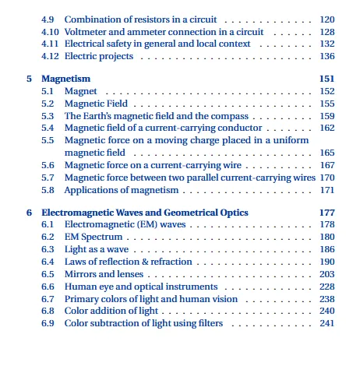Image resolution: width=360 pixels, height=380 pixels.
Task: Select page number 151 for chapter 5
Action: (x=326, y=79)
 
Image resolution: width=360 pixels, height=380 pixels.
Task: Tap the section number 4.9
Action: (x=48, y=19)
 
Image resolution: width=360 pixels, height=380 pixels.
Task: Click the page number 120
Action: (x=326, y=19)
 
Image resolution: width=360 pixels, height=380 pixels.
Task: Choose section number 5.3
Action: (x=48, y=116)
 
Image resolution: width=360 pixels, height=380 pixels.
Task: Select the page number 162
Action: (x=326, y=128)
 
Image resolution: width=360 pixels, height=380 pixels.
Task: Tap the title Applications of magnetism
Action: (x=121, y=190)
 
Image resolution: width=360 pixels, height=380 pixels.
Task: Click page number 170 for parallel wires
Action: (x=326, y=178)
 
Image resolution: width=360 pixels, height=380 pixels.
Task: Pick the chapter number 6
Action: (x=29, y=213)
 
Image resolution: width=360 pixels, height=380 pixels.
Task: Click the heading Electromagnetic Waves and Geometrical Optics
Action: (x=145, y=213)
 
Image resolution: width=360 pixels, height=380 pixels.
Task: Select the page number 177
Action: (x=326, y=213)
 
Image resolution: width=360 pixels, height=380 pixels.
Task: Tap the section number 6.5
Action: (x=48, y=274)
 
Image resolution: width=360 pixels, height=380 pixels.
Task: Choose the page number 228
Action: (x=326, y=287)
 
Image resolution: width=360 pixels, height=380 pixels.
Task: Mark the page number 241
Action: (x=326, y=323)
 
